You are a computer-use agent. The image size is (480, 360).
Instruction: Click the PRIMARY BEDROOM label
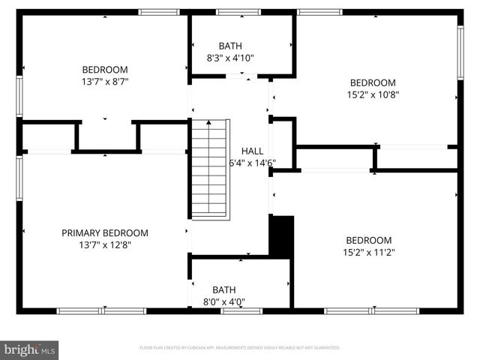click(104, 233)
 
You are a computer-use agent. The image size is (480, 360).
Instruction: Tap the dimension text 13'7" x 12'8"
click(104, 244)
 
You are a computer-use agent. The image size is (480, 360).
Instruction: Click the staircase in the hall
click(209, 166)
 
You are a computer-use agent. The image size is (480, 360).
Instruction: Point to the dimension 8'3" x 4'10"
click(230, 57)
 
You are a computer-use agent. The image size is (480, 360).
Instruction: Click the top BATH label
click(230, 46)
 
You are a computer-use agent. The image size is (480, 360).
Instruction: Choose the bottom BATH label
click(223, 289)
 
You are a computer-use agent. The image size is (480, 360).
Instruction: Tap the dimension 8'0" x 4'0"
click(223, 301)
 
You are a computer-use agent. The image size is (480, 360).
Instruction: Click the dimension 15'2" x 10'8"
click(373, 94)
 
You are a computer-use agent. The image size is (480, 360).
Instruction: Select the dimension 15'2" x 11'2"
click(368, 252)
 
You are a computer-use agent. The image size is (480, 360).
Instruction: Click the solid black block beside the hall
click(281, 235)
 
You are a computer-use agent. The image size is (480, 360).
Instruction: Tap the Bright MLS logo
click(29, 349)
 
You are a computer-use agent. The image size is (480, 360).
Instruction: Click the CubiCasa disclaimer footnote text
click(239, 348)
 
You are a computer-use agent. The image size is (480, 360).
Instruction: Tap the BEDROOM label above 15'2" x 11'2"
click(368, 240)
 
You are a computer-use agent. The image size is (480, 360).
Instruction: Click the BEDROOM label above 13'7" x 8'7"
click(104, 69)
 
